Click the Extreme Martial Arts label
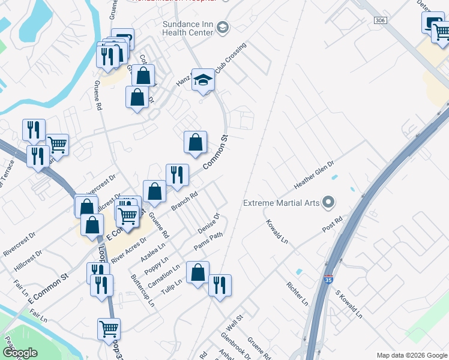tap(281, 203)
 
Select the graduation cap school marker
tap(203, 79)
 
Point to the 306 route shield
tap(379, 20)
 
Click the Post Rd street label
tap(331, 229)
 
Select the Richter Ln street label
tap(297, 293)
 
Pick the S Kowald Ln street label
tap(349, 304)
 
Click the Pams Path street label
tap(208, 242)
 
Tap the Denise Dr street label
tap(209, 223)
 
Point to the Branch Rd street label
tap(184, 201)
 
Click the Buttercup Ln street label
tap(143, 291)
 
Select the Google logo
tap(20, 353)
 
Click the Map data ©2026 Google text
tap(412, 355)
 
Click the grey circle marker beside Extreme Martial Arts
tap(328, 202)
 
